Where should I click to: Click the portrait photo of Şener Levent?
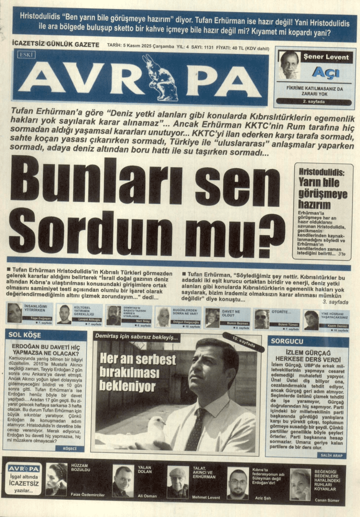pos(289,64)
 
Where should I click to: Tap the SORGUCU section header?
pos(287,341)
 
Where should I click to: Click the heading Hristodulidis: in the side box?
pos(322,172)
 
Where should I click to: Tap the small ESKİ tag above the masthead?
pos(26,54)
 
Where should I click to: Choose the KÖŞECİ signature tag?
pos(70,448)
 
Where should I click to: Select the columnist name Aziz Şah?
pos(263,497)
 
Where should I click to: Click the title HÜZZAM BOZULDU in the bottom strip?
pos(81,467)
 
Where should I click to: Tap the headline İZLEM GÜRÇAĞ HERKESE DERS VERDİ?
pos(308,356)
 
